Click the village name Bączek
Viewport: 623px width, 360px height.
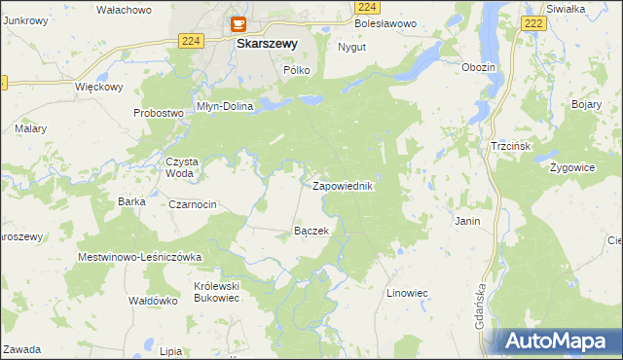(311, 232)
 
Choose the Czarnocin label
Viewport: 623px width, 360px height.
(193, 204)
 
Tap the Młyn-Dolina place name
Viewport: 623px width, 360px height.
(225, 107)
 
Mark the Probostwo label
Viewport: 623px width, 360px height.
(159, 113)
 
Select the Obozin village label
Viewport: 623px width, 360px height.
(480, 67)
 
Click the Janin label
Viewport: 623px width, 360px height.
(467, 222)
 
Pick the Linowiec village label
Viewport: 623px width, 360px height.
(408, 292)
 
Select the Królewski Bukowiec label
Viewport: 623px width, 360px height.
(216, 292)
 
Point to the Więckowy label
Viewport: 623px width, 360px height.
(98, 87)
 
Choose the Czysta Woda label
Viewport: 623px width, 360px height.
(181, 167)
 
